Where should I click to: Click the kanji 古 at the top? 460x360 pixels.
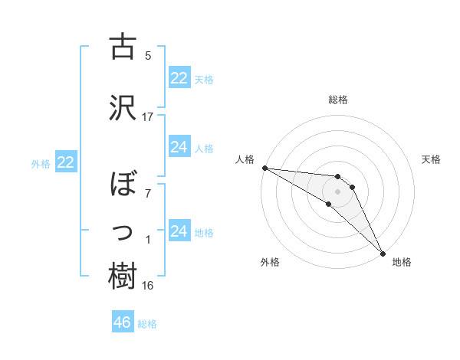[x=123, y=47]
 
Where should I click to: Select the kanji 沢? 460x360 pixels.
[x=123, y=105]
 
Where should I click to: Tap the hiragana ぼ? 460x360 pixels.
[x=123, y=187]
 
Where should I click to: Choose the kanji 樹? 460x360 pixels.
[x=123, y=277]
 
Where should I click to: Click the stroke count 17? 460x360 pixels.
[x=148, y=117]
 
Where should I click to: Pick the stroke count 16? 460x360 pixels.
[x=148, y=286]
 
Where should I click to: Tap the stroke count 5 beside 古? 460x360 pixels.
[x=148, y=56]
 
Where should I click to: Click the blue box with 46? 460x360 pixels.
[x=123, y=322]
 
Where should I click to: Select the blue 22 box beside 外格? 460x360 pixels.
[x=66, y=162]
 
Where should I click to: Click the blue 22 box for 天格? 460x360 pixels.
[x=179, y=78]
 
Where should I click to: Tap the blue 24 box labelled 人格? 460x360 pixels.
[x=179, y=147]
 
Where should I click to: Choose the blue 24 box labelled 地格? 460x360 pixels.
[x=179, y=231]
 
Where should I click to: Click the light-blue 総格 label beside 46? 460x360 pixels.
[x=147, y=324]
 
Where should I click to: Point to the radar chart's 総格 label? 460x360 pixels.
[x=337, y=100]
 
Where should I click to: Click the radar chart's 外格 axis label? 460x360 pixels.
[x=270, y=262]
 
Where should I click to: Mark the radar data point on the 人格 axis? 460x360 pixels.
[x=264, y=168]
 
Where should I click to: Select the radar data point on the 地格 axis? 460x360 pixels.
[x=383, y=254]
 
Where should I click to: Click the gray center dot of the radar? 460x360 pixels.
[x=337, y=191]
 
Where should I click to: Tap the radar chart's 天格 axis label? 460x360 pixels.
[x=432, y=159]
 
